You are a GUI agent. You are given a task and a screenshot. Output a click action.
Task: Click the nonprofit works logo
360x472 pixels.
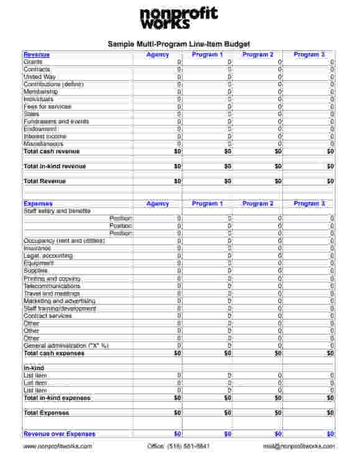tap(179, 19)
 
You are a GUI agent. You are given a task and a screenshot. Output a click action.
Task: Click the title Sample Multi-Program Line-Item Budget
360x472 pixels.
tap(179, 44)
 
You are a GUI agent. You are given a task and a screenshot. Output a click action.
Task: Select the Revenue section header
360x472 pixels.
tap(37, 55)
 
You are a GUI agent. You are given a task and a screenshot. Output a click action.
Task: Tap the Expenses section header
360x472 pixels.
tap(38, 204)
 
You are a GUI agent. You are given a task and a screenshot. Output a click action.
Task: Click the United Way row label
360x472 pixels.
tap(40, 77)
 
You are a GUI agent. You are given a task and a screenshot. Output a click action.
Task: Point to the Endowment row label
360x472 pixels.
tap(40, 129)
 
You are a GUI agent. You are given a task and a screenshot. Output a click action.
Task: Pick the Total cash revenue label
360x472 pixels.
tap(52, 152)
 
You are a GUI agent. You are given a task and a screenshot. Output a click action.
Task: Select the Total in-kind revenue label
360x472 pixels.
tap(55, 166)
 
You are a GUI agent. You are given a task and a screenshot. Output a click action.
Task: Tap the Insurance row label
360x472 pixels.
tap(37, 248)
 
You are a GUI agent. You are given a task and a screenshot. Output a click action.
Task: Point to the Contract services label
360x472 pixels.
tap(48, 316)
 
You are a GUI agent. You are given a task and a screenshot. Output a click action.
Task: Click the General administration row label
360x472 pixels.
tap(66, 346)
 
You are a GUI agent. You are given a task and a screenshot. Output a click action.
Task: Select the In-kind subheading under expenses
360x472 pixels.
tap(34, 368)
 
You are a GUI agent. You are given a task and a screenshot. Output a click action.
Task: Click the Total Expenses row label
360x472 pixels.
tap(47, 413)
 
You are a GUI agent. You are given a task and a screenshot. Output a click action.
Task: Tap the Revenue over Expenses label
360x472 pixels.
tap(60, 434)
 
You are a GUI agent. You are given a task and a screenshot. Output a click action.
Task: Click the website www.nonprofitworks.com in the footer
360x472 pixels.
tap(58, 446)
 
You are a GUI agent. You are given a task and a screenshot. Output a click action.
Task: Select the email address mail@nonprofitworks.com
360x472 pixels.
tap(299, 446)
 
